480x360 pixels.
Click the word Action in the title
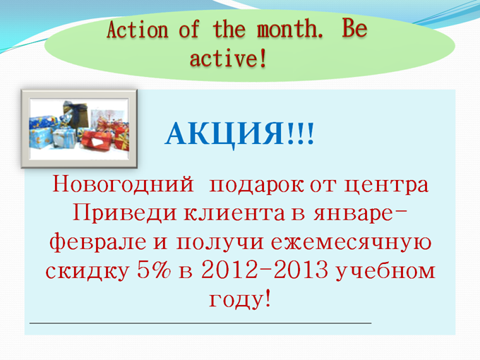[x=138, y=30]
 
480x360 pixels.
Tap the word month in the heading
[x=289, y=29]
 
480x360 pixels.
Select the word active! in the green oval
[x=229, y=58]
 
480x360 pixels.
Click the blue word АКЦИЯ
[x=225, y=134]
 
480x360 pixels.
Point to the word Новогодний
[x=124, y=184]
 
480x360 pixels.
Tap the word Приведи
[x=125, y=213]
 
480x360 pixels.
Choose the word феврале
[x=97, y=241]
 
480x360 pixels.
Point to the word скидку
[x=88, y=270]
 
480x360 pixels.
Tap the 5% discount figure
[x=154, y=270]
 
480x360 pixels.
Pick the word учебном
[x=385, y=271]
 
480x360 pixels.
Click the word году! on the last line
[x=240, y=299]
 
